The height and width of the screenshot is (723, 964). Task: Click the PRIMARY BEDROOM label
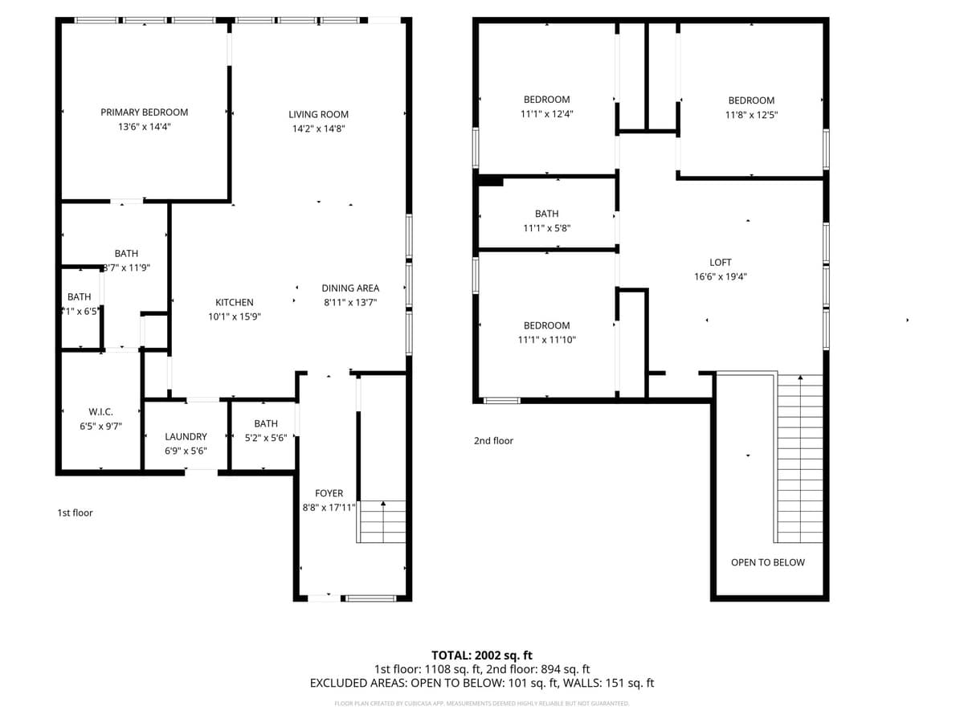pyautogui.click(x=144, y=112)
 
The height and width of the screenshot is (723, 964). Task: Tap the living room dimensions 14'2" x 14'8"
pyautogui.click(x=318, y=129)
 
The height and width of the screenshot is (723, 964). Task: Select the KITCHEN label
pyautogui.click(x=234, y=302)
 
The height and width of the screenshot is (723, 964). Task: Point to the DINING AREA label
pyautogui.click(x=350, y=288)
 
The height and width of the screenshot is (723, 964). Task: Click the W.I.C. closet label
pyautogui.click(x=100, y=411)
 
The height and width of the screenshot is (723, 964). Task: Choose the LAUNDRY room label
pyautogui.click(x=186, y=436)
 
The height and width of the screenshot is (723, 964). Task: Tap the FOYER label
pyautogui.click(x=329, y=493)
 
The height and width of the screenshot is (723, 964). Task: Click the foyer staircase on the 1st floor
pyautogui.click(x=382, y=522)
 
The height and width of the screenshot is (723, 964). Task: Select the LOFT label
pyautogui.click(x=721, y=262)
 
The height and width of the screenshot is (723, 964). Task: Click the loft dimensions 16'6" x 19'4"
pyautogui.click(x=721, y=276)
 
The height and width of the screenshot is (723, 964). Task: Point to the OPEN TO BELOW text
pyautogui.click(x=767, y=562)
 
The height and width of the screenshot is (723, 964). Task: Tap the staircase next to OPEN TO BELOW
pyautogui.click(x=799, y=458)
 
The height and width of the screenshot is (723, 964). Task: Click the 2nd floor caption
pyautogui.click(x=493, y=440)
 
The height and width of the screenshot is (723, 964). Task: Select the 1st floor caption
pyautogui.click(x=75, y=513)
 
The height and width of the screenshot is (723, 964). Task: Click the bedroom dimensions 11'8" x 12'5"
pyautogui.click(x=751, y=115)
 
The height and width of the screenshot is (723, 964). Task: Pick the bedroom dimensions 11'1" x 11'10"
pyautogui.click(x=546, y=340)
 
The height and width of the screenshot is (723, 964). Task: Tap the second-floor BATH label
pyautogui.click(x=546, y=214)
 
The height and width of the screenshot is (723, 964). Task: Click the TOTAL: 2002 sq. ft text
pyautogui.click(x=482, y=655)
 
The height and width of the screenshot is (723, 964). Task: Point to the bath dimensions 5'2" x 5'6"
pyautogui.click(x=266, y=438)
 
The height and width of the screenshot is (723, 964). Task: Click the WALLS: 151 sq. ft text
pyautogui.click(x=611, y=683)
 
